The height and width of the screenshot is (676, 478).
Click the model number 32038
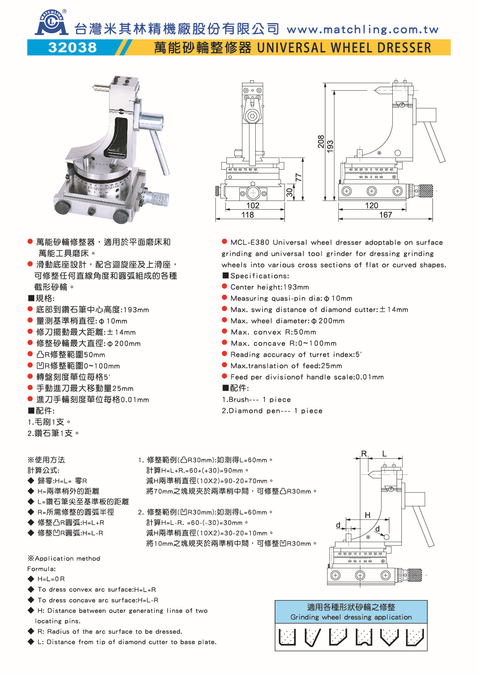coord(72,47)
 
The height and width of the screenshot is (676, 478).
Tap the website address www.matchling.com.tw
coord(362,29)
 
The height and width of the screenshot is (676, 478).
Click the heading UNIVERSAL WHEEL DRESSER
coord(344,48)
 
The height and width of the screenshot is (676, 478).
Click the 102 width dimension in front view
coord(253,205)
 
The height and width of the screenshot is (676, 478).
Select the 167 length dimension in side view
coord(385,215)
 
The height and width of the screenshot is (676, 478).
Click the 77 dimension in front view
coord(298,178)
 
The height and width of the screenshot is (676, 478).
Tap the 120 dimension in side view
coord(372,205)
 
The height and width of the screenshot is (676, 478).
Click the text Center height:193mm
coord(269,287)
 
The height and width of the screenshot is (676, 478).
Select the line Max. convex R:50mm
coord(273,332)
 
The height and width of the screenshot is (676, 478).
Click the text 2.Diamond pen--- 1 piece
coord(272,411)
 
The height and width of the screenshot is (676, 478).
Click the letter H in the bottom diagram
coord(367,515)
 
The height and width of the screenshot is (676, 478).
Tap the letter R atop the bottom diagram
coord(364,454)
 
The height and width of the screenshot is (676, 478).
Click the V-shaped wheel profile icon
coord(389,637)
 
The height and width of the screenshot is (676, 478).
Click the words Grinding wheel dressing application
coord(351,617)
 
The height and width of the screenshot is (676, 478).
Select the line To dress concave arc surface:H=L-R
coord(98,600)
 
